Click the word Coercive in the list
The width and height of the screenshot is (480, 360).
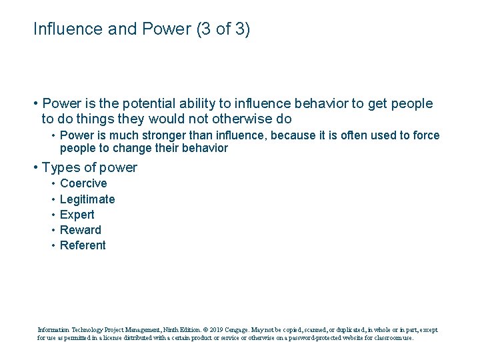pos(83,183)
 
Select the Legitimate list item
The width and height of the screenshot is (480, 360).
pos(87,199)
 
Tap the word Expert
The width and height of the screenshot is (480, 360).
pos(77,215)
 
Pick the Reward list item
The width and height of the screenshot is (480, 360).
pos(81,230)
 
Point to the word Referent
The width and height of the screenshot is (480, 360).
pos(83,245)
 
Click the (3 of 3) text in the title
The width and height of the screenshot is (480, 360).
pos(224,29)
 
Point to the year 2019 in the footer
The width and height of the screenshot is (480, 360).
pos(207,329)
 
